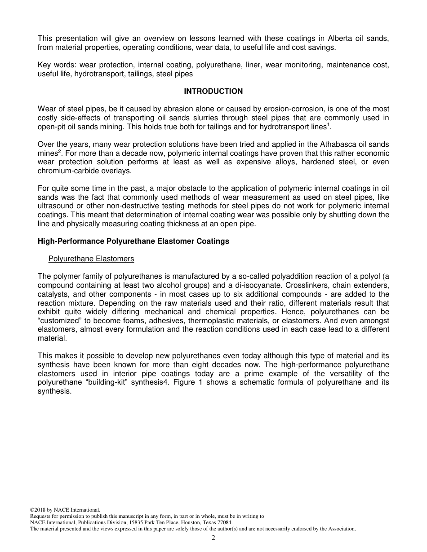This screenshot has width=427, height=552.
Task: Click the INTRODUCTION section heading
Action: (x=213, y=91)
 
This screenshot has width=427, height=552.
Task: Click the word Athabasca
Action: (x=324, y=144)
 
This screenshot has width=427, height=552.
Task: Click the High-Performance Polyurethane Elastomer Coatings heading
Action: (x=133, y=241)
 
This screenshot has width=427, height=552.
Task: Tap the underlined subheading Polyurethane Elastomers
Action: (x=91, y=259)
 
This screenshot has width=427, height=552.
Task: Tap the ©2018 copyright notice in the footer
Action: (x=65, y=510)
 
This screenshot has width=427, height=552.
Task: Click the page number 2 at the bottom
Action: (x=213, y=538)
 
